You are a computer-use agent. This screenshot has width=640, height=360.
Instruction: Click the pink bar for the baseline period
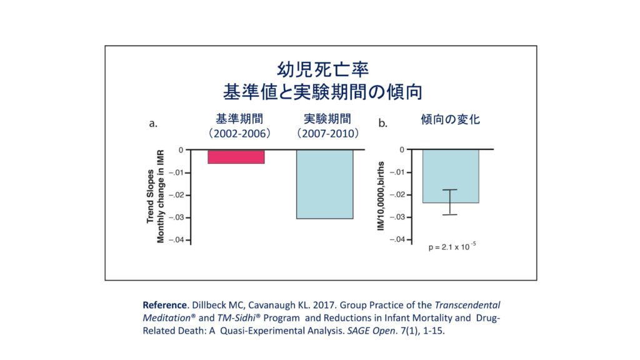coord(236,156)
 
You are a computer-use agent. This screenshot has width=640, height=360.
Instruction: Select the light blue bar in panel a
coord(324,184)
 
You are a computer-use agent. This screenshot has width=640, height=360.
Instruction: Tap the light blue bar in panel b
coord(450,176)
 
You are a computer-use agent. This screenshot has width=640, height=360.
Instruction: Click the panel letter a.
coord(152,124)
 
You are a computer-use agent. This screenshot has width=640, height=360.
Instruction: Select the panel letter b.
coord(382,124)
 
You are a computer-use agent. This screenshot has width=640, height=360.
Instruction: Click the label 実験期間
coord(327,119)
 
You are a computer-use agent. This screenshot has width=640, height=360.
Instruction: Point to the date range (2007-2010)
coord(327,133)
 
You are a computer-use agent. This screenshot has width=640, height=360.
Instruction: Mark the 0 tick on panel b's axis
coord(402,150)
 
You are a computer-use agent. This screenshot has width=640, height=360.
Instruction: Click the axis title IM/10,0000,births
coord(381,196)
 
